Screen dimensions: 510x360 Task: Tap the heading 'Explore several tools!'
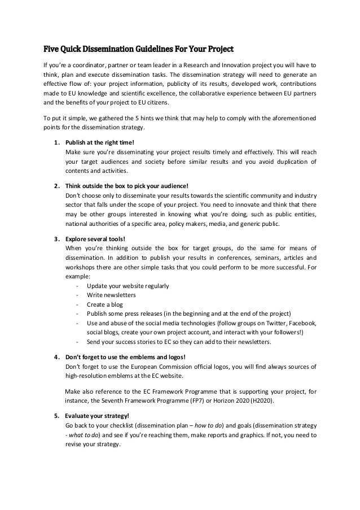pyautogui.click(x=95, y=238)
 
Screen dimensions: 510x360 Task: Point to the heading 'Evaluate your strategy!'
pyautogui.click(x=97, y=416)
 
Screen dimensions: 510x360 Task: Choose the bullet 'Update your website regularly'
pyautogui.click(x=128, y=286)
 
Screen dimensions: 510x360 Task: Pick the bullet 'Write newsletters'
pyautogui.click(x=111, y=295)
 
